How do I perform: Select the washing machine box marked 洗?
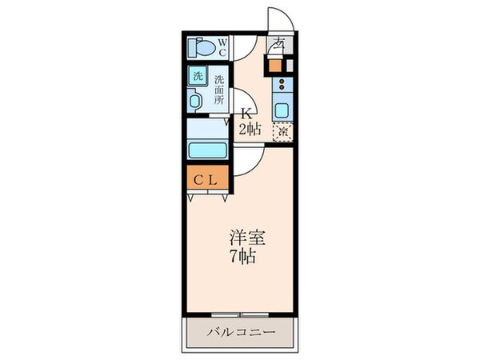pyautogui.click(x=197, y=78)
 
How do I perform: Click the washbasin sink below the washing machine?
pyautogui.click(x=196, y=102)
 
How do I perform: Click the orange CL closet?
pyautogui.click(x=207, y=181)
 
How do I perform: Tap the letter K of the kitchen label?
pyautogui.click(x=246, y=114)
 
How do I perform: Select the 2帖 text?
pyautogui.click(x=246, y=128)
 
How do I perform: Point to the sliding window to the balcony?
pyautogui.click(x=239, y=314)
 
